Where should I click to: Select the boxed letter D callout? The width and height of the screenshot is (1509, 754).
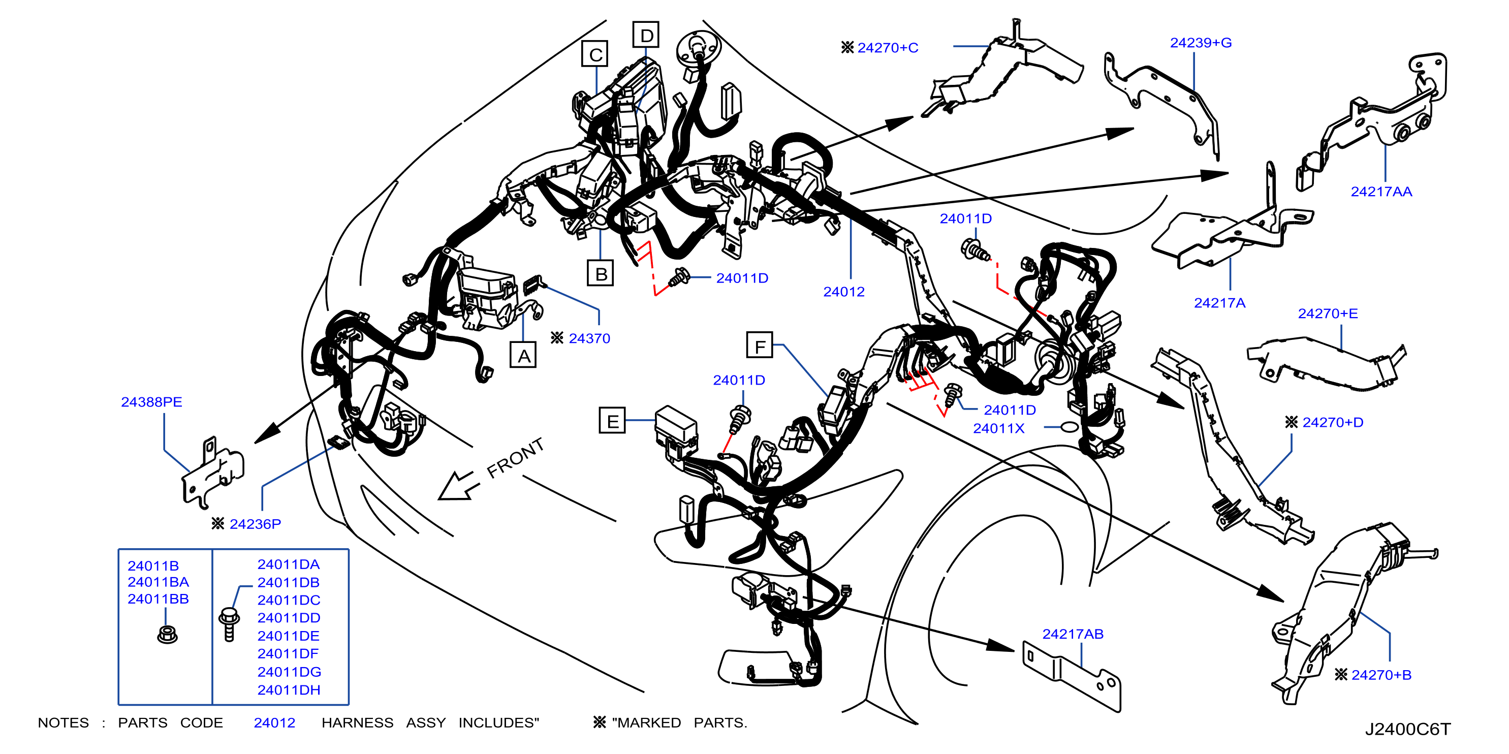(646, 35)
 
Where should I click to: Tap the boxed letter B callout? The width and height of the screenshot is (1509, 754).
(601, 273)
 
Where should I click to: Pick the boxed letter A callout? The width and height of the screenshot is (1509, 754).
(523, 355)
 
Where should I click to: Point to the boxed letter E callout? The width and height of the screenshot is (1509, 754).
(612, 421)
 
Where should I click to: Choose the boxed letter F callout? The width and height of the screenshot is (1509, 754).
(760, 345)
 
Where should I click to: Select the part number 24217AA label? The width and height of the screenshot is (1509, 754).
(1381, 192)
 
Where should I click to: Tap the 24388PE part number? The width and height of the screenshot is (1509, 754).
(151, 402)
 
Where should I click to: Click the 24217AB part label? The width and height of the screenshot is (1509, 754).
(1072, 634)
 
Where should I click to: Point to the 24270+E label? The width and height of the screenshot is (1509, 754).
(1328, 313)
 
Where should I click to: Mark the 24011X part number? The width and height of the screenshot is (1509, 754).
(998, 428)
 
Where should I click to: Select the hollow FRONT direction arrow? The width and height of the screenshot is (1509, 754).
(460, 485)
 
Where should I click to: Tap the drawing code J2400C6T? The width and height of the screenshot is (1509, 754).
(1408, 729)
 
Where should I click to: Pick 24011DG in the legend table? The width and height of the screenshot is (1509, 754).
(289, 672)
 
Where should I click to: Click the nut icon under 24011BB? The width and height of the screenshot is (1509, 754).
(167, 634)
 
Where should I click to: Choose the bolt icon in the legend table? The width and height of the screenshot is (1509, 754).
(229, 624)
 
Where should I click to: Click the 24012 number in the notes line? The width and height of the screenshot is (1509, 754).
(274, 723)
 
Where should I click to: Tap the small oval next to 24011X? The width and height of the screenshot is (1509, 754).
(1070, 427)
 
